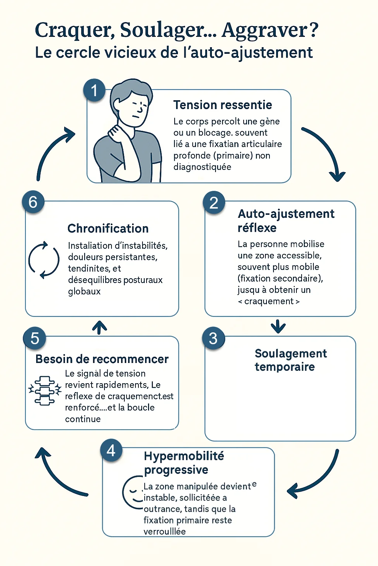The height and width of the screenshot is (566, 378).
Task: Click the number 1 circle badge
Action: click(94, 90)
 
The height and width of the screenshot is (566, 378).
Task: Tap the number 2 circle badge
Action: click(214, 203)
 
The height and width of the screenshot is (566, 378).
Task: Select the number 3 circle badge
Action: click(213, 338)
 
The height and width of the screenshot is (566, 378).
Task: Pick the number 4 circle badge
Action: click(111, 450)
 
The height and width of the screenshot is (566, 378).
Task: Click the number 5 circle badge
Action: click(34, 338)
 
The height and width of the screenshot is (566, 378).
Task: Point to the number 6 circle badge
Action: click(33, 202)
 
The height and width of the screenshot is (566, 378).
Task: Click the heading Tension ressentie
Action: click(223, 105)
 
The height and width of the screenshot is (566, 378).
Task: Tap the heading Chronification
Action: click(108, 228)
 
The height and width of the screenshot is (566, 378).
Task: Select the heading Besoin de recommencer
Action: click(102, 359)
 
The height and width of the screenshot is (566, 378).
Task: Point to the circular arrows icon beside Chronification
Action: click(44, 260)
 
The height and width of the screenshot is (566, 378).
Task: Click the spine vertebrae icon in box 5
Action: click(45, 391)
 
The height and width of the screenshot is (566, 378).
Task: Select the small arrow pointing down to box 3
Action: click(278, 326)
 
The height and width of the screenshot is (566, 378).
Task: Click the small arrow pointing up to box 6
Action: click(99, 327)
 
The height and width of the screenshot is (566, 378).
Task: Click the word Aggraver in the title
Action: click(265, 30)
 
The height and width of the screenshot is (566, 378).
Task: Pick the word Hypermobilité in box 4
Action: click(184, 456)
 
